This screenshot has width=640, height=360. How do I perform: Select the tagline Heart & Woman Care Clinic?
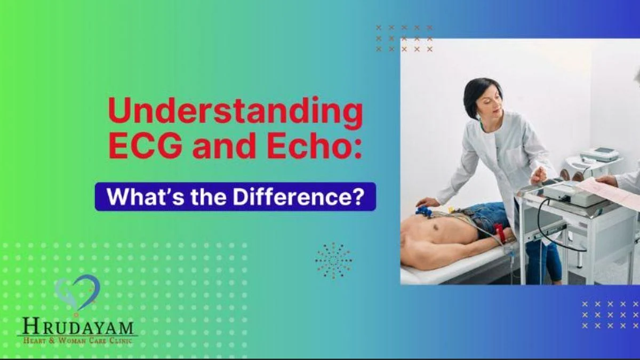pos(78,341)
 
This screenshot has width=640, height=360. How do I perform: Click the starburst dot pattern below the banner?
pos(333,260)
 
